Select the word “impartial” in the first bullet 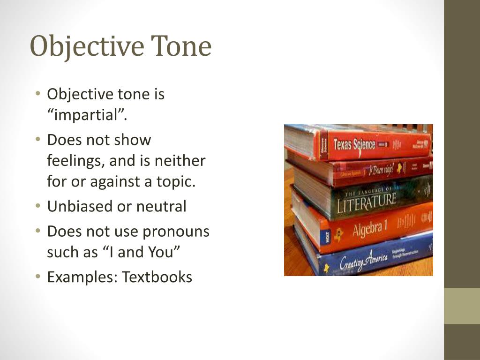[x=87, y=115]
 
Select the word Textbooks [x=157, y=277]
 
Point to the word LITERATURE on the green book [x=367, y=202]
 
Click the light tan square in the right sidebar [x=462, y=306]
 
